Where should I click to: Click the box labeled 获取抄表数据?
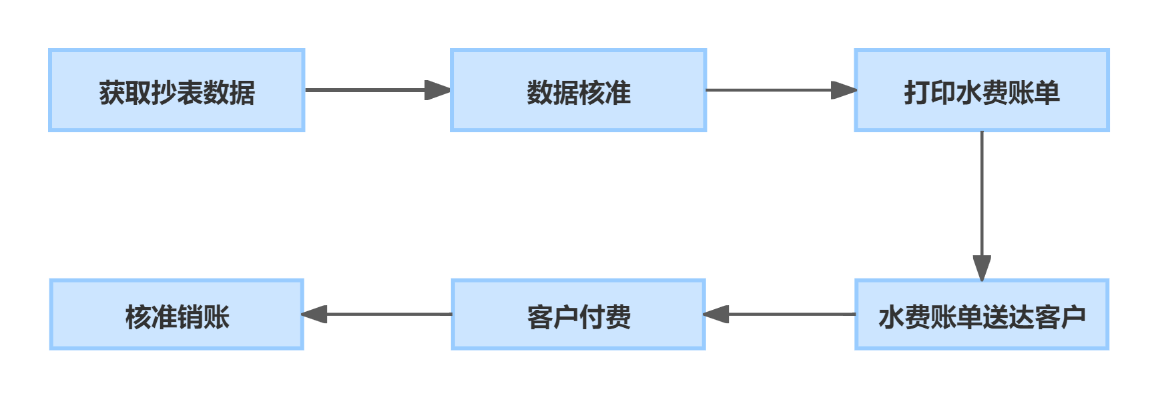click(177, 90)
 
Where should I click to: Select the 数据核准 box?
click(578, 90)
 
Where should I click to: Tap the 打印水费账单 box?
click(981, 90)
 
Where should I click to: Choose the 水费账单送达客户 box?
click(981, 315)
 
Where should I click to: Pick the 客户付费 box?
click(578, 315)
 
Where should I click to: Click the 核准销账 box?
click(177, 315)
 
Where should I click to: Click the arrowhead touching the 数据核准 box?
click(438, 90)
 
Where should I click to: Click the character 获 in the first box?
click(112, 92)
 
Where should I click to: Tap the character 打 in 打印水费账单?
click(916, 92)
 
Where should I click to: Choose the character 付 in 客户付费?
click(591, 317)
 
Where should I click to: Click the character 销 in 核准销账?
click(190, 317)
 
